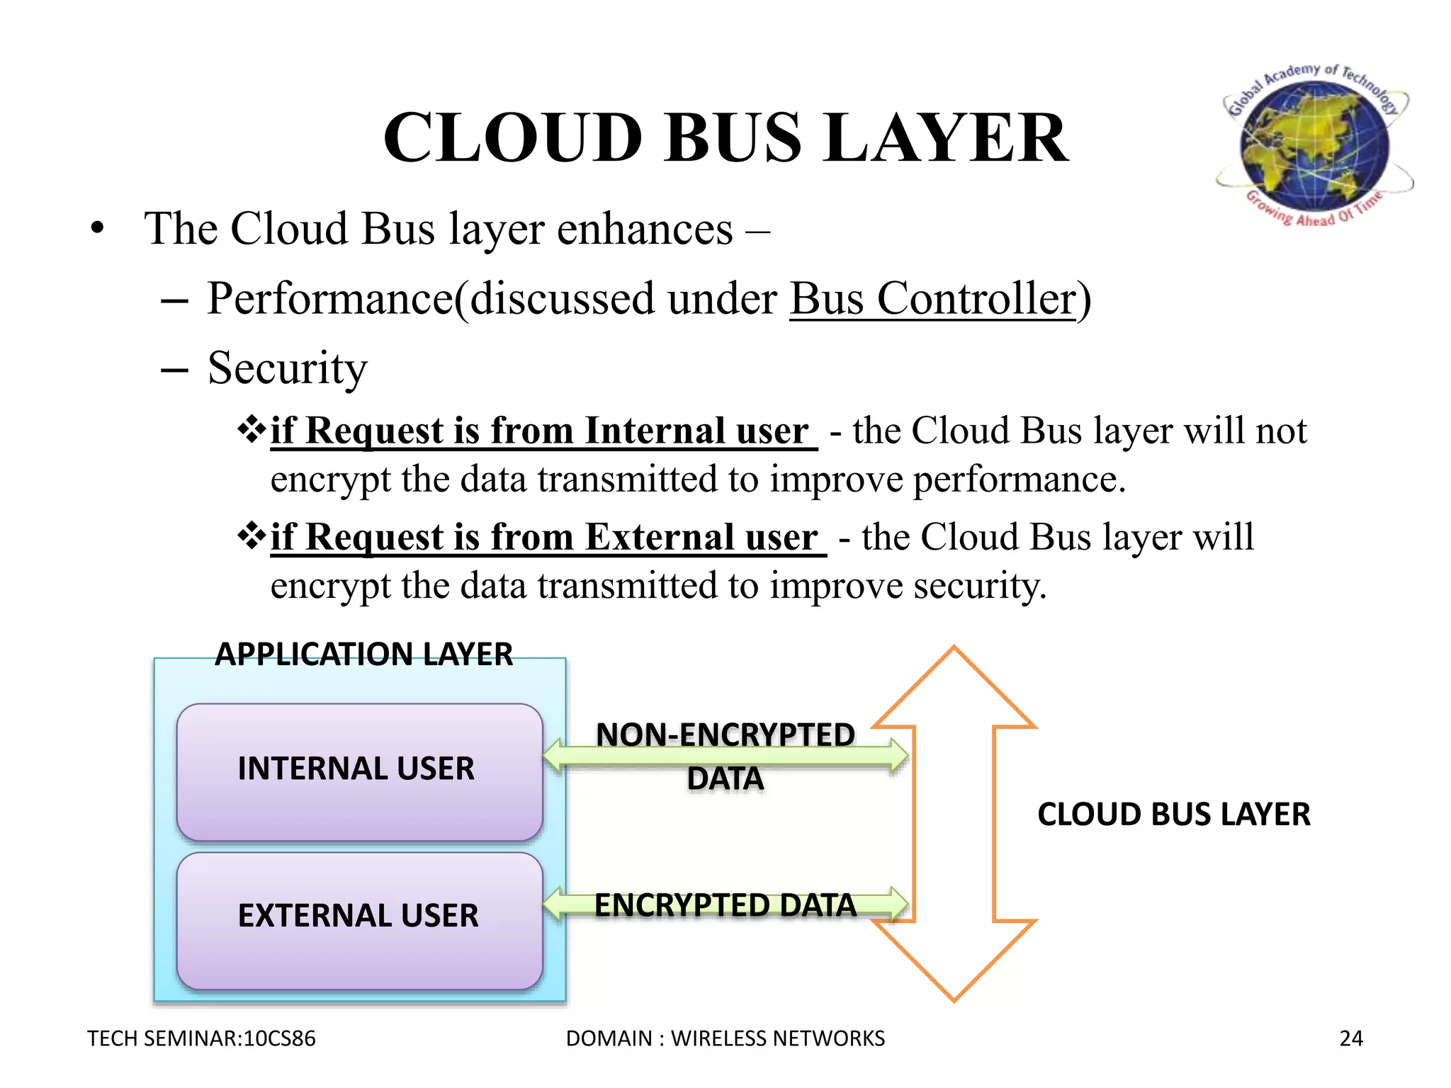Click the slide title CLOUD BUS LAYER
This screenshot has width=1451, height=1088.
point(725,137)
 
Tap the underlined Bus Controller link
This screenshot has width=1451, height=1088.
point(932,299)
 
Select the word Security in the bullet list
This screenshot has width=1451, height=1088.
point(287,368)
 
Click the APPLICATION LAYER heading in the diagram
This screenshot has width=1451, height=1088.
point(363,654)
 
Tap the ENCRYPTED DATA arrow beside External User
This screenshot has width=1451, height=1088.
point(725,905)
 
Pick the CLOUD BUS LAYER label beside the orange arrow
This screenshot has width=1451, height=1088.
point(1173,815)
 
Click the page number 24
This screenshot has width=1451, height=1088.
point(1350,1038)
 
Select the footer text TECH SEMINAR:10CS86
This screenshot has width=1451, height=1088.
point(201,1038)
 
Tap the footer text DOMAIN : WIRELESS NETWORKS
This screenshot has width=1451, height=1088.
point(725,1038)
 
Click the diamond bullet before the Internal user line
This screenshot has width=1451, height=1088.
point(251,429)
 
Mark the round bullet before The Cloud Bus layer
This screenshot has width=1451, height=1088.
point(97,229)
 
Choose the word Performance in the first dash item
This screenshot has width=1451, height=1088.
point(330,299)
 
